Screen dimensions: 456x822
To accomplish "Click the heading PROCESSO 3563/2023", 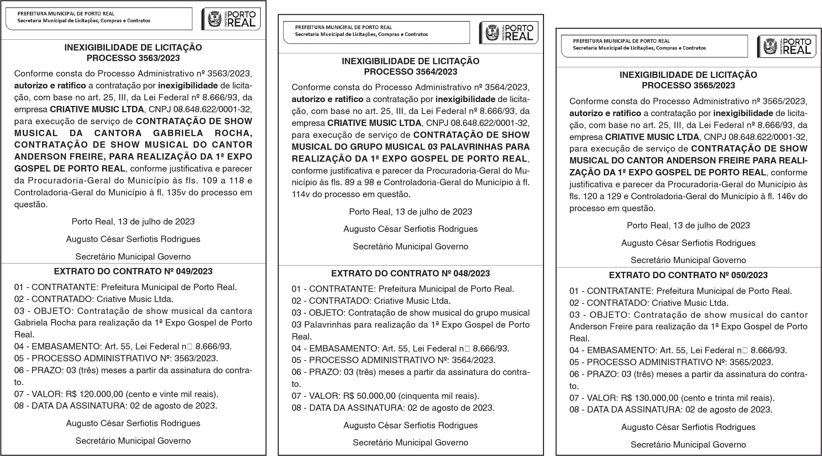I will [133, 58].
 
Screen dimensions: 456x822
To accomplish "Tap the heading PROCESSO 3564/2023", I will [410, 72].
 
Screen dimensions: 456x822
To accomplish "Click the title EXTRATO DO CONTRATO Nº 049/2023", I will [133, 271].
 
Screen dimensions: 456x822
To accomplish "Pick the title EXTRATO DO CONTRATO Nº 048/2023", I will [410, 274].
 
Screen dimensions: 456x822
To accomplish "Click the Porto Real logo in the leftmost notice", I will [231, 19].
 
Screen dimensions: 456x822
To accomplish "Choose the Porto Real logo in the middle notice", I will [509, 33].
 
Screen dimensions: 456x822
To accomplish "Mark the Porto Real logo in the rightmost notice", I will [787, 47].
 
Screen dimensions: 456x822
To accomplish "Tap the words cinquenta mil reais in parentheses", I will [439, 396].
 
